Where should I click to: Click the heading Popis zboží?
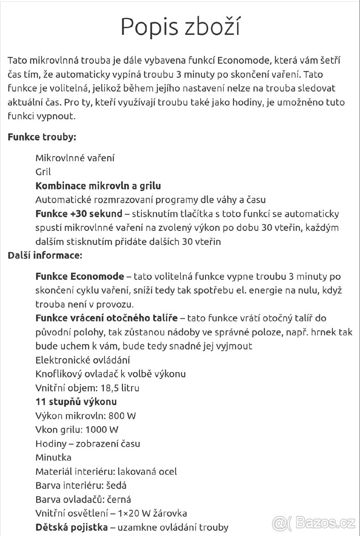click(180, 27)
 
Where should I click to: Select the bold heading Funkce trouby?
click(42, 137)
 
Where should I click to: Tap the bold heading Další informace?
click(45, 256)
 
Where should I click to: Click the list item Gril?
click(43, 172)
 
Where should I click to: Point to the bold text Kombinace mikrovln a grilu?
click(98, 185)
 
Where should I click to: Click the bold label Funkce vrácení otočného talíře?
click(107, 318)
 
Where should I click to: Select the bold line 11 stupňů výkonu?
click(76, 402)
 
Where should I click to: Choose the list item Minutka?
click(53, 457)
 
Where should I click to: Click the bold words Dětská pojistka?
click(71, 527)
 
